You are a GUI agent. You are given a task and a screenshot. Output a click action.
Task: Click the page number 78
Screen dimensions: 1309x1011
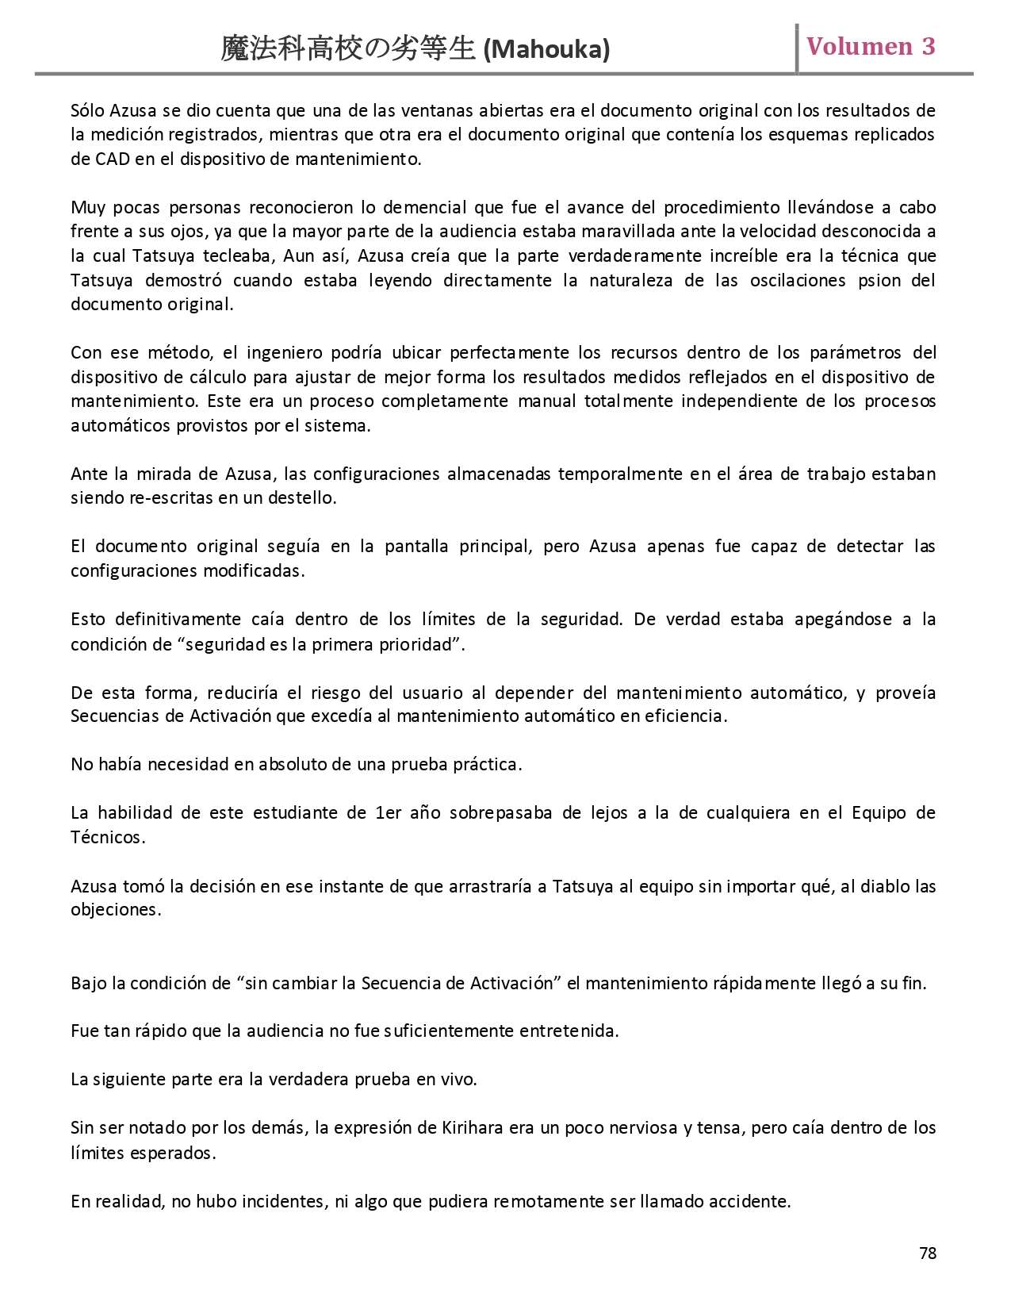tap(928, 1253)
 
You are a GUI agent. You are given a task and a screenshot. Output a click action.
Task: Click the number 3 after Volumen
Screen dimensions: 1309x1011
tap(928, 47)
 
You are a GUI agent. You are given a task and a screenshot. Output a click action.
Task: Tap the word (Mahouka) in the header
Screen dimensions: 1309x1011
tap(546, 50)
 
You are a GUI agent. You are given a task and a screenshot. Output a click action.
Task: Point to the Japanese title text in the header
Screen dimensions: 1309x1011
tap(349, 49)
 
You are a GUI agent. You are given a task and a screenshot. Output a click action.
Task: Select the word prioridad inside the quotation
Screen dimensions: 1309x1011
tap(425, 644)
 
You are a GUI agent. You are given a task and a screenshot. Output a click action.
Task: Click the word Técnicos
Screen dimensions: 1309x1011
tap(108, 838)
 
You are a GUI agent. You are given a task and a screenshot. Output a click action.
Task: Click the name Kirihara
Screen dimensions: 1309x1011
tap(472, 1128)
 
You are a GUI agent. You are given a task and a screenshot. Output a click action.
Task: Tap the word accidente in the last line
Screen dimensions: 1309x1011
tap(751, 1201)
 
